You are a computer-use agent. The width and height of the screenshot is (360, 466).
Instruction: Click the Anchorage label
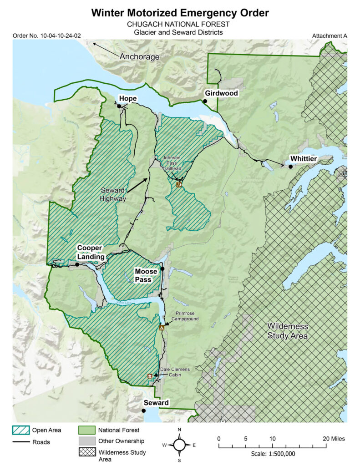[x=139, y=57]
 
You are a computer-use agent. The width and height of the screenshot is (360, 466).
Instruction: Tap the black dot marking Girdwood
[x=205, y=101]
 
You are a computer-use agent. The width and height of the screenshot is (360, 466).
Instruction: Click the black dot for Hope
[x=119, y=106]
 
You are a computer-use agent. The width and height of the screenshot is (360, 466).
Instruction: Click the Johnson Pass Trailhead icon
[x=179, y=185]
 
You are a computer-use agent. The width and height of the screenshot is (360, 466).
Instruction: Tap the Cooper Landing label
[x=91, y=252]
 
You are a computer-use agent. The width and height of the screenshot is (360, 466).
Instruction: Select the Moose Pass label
[x=146, y=275]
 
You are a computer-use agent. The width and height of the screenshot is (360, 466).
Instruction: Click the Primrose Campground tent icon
[x=161, y=327]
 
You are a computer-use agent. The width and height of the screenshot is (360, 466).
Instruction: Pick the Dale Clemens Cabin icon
[x=150, y=376]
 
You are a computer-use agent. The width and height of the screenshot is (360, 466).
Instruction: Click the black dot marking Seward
[x=144, y=410]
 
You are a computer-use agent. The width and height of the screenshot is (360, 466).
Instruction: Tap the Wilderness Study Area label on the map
[x=288, y=331]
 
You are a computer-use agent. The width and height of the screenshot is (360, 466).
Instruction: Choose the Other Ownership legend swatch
[x=86, y=441]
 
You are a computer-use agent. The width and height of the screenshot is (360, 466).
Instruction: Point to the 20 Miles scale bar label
[x=334, y=439]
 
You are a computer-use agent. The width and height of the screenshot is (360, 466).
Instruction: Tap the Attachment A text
[x=329, y=35]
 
